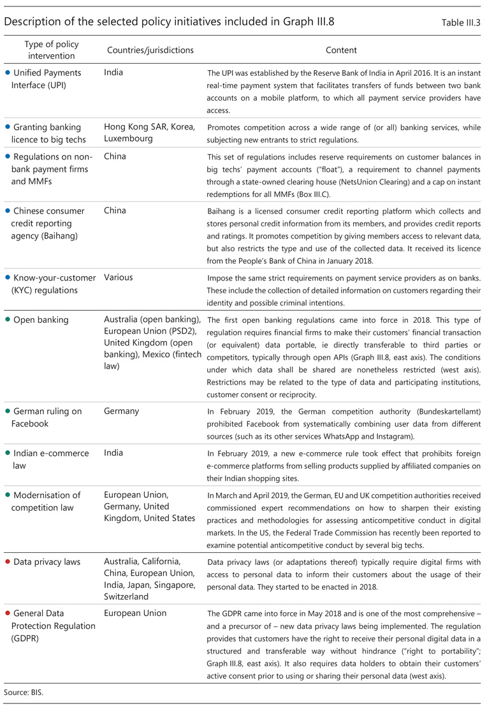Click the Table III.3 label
click(x=461, y=22)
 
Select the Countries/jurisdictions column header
click(x=150, y=50)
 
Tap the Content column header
click(x=341, y=50)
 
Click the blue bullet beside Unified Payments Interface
click(x=8, y=73)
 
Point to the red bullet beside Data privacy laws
click(x=8, y=561)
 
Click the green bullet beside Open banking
click(x=8, y=320)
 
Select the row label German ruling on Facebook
click(x=48, y=418)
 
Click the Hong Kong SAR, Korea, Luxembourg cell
click(x=150, y=133)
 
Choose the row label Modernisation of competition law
click(x=48, y=501)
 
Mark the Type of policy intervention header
click(x=51, y=50)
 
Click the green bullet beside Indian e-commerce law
click(x=8, y=453)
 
